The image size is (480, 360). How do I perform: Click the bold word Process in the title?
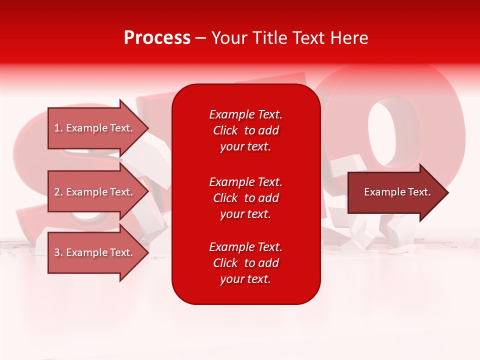(x=157, y=38)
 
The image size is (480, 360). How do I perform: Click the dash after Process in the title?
(x=200, y=38)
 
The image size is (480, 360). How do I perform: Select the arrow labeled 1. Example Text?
(x=95, y=128)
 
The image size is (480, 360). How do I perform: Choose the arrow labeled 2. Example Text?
(x=95, y=192)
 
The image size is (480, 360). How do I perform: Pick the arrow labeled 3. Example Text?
(x=95, y=252)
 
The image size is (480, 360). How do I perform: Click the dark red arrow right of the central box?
(x=395, y=192)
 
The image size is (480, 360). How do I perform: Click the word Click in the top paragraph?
(x=225, y=130)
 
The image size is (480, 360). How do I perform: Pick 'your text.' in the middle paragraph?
(x=245, y=214)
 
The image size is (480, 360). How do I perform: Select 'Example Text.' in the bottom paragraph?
(x=245, y=247)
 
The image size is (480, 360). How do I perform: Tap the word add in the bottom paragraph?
(x=269, y=263)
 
